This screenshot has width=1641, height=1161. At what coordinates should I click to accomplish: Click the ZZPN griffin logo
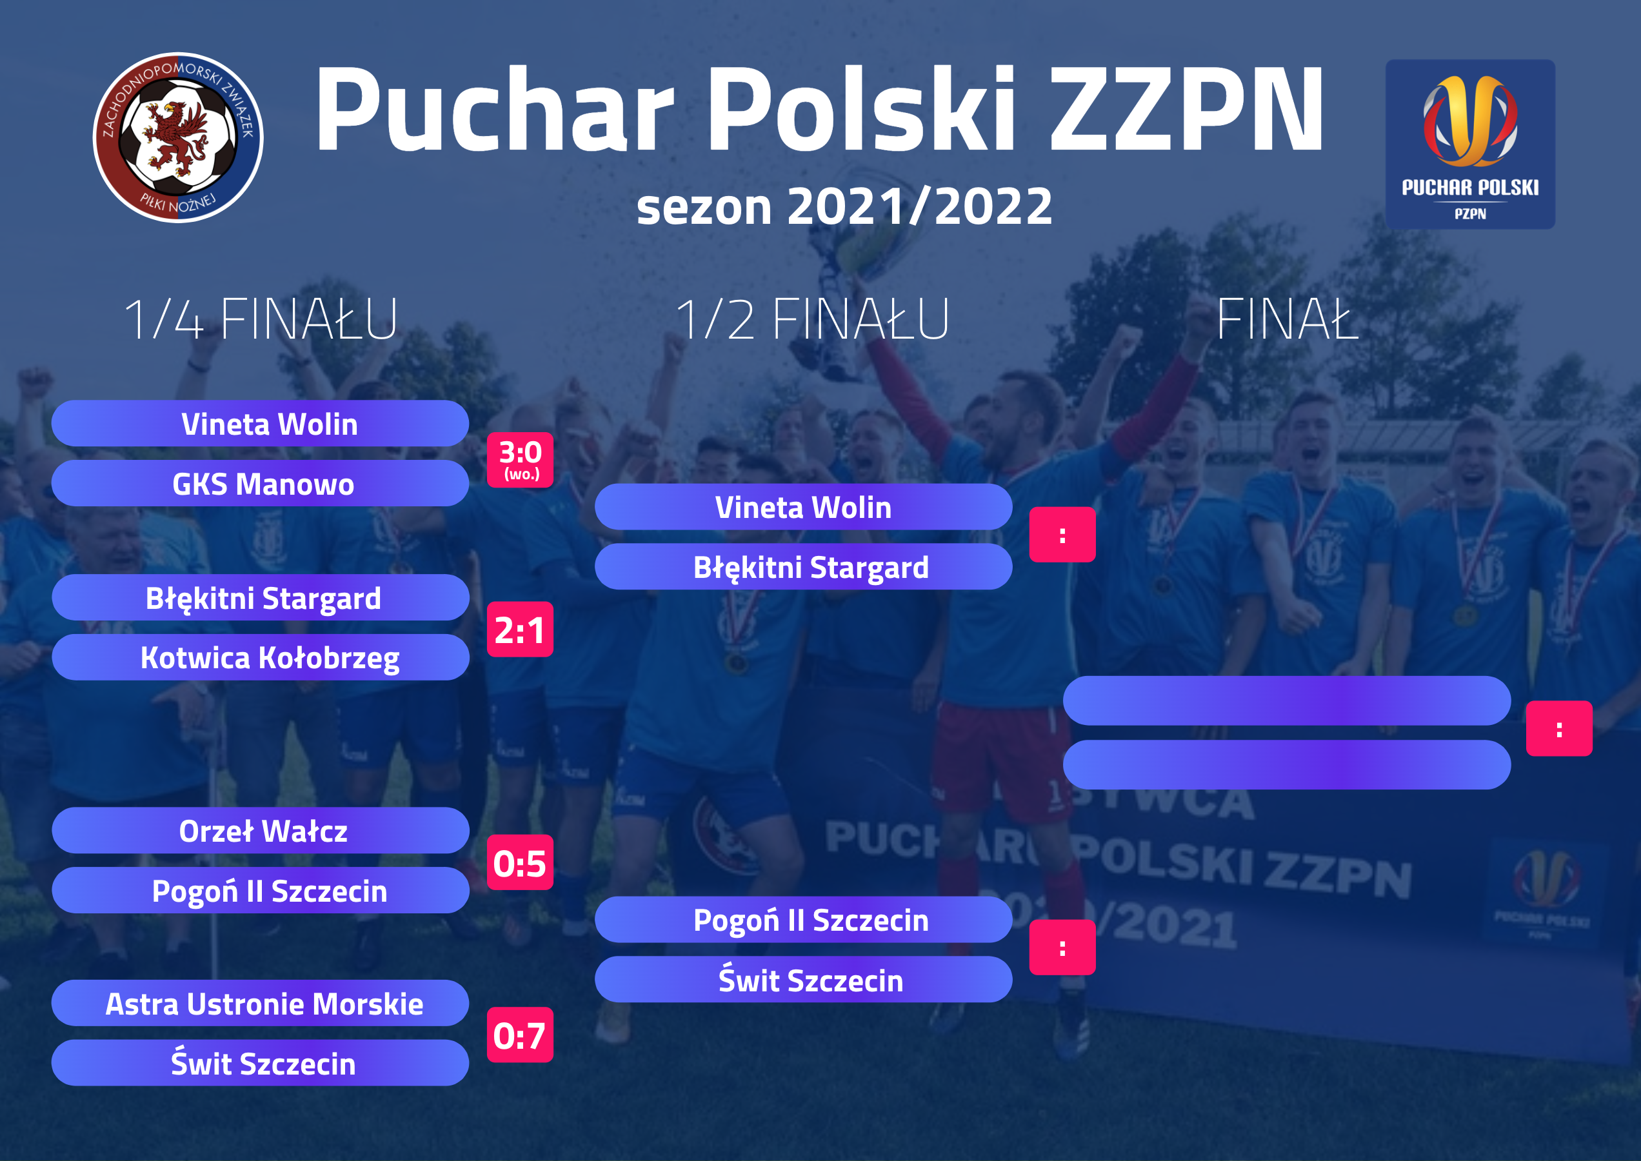(x=178, y=137)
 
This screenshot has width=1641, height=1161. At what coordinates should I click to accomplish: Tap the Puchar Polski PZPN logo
(x=1469, y=144)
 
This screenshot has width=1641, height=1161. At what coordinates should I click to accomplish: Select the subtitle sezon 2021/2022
(x=844, y=206)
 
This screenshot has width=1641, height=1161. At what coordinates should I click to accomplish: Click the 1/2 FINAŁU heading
(x=812, y=319)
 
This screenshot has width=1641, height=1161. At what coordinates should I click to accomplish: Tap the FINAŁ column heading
(x=1287, y=319)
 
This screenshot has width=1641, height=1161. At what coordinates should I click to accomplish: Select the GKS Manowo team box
(x=260, y=484)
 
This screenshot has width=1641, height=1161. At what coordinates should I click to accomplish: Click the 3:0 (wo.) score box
(x=520, y=461)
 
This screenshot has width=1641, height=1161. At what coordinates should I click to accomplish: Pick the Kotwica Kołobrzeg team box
(x=260, y=658)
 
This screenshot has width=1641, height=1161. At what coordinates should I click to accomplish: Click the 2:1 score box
(x=520, y=630)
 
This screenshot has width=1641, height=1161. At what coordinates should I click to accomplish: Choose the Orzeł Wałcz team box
(x=260, y=831)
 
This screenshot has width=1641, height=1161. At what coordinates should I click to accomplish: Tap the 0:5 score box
(x=520, y=863)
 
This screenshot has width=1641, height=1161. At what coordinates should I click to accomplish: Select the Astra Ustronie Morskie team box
(x=260, y=1004)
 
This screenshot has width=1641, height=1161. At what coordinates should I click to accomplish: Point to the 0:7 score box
(x=520, y=1035)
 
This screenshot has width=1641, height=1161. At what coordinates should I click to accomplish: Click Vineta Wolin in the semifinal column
(x=803, y=508)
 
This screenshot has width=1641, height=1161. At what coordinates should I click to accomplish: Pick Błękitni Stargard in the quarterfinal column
(x=260, y=598)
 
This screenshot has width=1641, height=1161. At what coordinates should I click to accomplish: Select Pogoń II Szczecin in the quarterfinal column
(x=260, y=891)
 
